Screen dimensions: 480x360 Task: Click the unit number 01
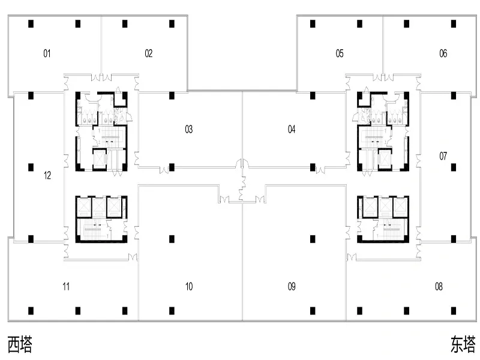point(47,53)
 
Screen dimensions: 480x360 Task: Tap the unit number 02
point(148,53)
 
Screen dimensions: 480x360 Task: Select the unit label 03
point(189,130)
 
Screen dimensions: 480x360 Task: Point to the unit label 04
point(292,130)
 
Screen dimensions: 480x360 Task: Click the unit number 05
point(340,53)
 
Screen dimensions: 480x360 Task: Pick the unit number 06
point(443,53)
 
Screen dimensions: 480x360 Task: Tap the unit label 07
point(443,156)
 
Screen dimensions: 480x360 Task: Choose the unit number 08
point(439,287)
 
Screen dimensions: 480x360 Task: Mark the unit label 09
point(292,287)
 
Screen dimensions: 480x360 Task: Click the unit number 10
point(189,287)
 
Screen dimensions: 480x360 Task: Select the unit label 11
point(66,287)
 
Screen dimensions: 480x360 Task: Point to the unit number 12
point(47,175)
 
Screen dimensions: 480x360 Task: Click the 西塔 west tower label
point(20,344)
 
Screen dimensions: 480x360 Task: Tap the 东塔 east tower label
point(463,344)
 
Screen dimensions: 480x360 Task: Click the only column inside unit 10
point(172,239)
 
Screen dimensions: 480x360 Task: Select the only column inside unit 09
point(313,239)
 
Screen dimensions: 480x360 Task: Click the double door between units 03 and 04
point(242,163)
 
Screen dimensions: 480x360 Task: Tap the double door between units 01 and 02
point(101,77)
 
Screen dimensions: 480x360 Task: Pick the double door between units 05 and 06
point(383,77)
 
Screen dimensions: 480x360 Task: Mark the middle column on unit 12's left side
point(31,167)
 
